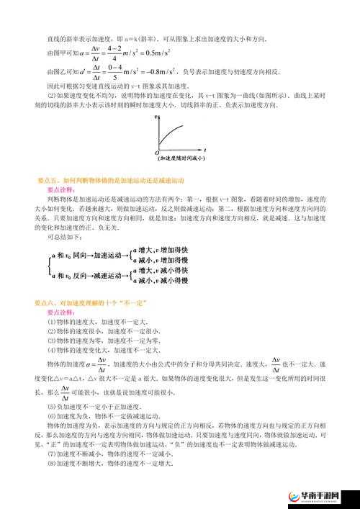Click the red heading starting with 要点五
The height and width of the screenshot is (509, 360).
111,179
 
